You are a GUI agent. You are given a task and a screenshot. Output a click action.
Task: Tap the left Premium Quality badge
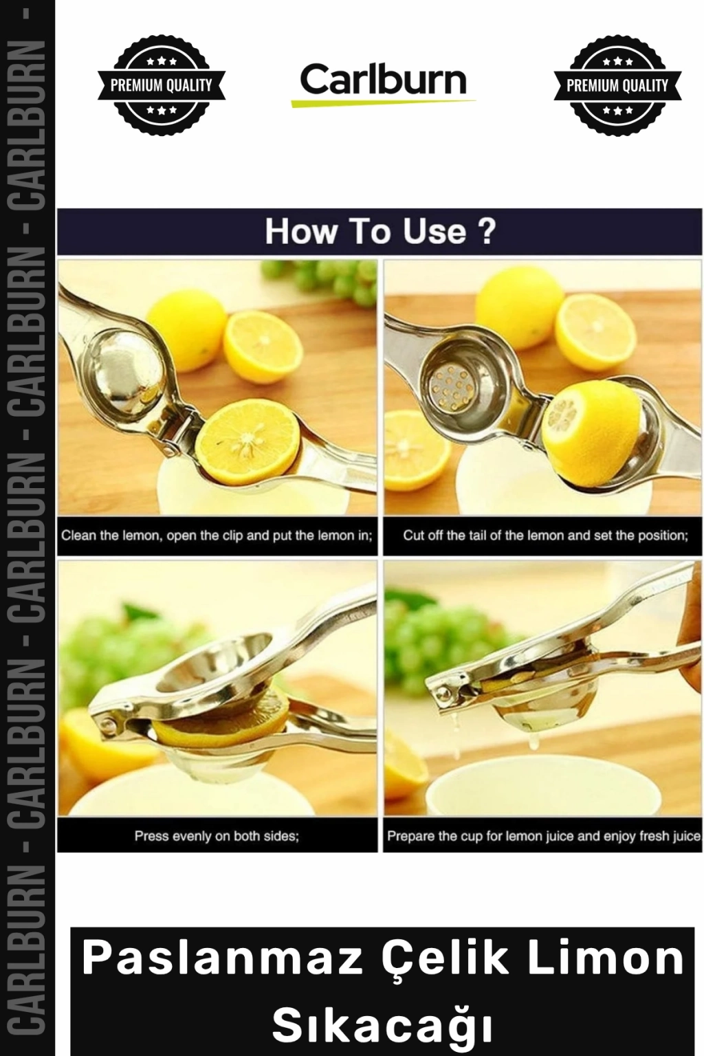(162, 85)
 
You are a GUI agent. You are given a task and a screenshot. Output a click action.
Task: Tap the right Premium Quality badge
(617, 85)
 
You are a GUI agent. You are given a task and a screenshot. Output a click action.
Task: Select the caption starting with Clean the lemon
(217, 536)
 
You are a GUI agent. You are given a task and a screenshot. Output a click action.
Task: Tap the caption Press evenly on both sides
(217, 836)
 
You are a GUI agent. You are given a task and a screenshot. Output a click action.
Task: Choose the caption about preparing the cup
(544, 836)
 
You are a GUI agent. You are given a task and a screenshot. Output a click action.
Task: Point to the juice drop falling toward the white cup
(534, 743)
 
